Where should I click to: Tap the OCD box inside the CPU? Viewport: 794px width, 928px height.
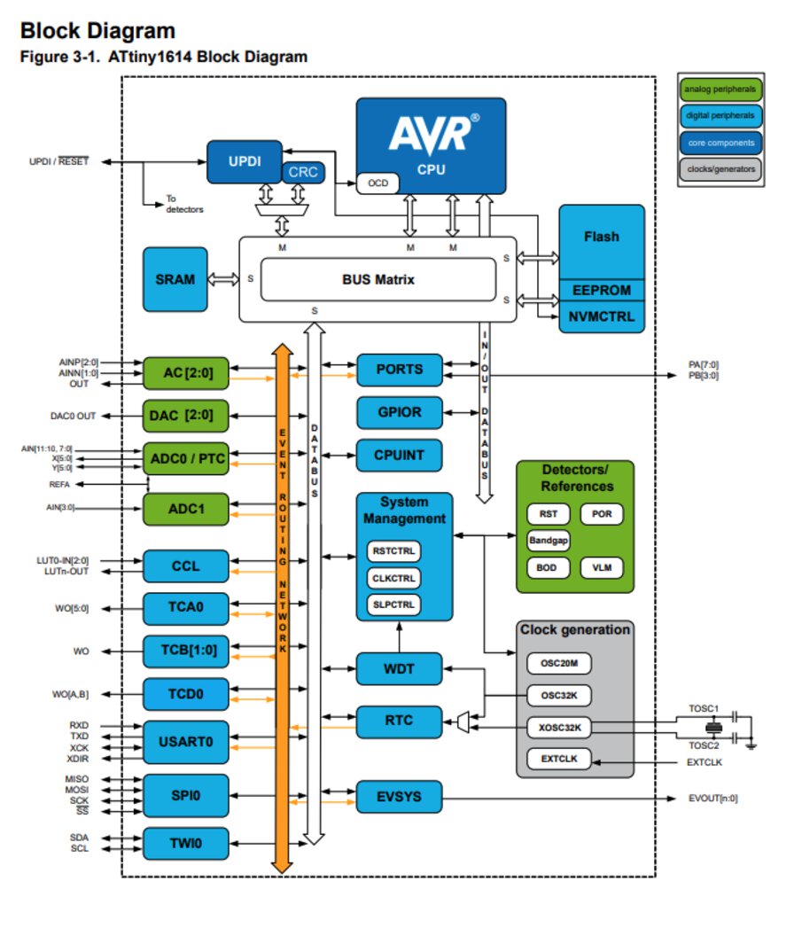click(x=378, y=183)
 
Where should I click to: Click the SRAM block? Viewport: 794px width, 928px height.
click(x=174, y=279)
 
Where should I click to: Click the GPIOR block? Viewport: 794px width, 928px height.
click(x=399, y=413)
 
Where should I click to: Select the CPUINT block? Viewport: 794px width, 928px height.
click(x=399, y=456)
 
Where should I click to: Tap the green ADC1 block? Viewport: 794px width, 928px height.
click(x=185, y=510)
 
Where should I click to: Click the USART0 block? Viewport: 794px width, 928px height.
click(x=185, y=738)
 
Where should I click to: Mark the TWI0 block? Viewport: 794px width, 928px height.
click(x=185, y=844)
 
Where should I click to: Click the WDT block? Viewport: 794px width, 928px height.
click(x=399, y=667)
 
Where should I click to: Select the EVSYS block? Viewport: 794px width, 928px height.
click(x=399, y=797)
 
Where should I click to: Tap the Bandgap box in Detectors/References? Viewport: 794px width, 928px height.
click(x=548, y=539)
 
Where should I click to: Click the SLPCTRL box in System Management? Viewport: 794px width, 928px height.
click(x=393, y=604)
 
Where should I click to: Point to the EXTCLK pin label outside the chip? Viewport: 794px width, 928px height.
click(x=705, y=761)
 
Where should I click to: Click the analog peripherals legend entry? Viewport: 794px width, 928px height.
click(x=719, y=90)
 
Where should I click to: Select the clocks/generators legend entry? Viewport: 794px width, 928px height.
click(x=719, y=168)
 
